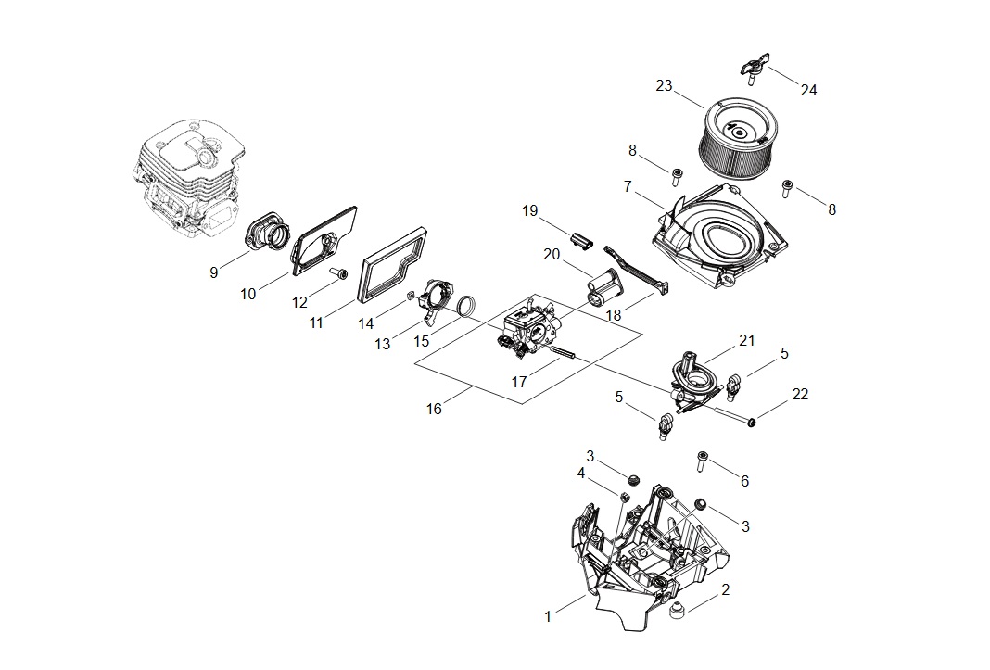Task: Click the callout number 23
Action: tap(664, 85)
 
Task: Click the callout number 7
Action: tap(628, 186)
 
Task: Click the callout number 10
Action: tap(247, 294)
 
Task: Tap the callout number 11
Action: tap(316, 322)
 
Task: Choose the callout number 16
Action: tap(433, 409)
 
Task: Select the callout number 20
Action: tap(552, 254)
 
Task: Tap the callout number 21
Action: tap(747, 340)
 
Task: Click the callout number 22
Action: tap(800, 394)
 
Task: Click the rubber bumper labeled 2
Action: tap(676, 609)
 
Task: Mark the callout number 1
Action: tap(547, 616)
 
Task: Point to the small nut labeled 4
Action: tap(625, 498)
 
